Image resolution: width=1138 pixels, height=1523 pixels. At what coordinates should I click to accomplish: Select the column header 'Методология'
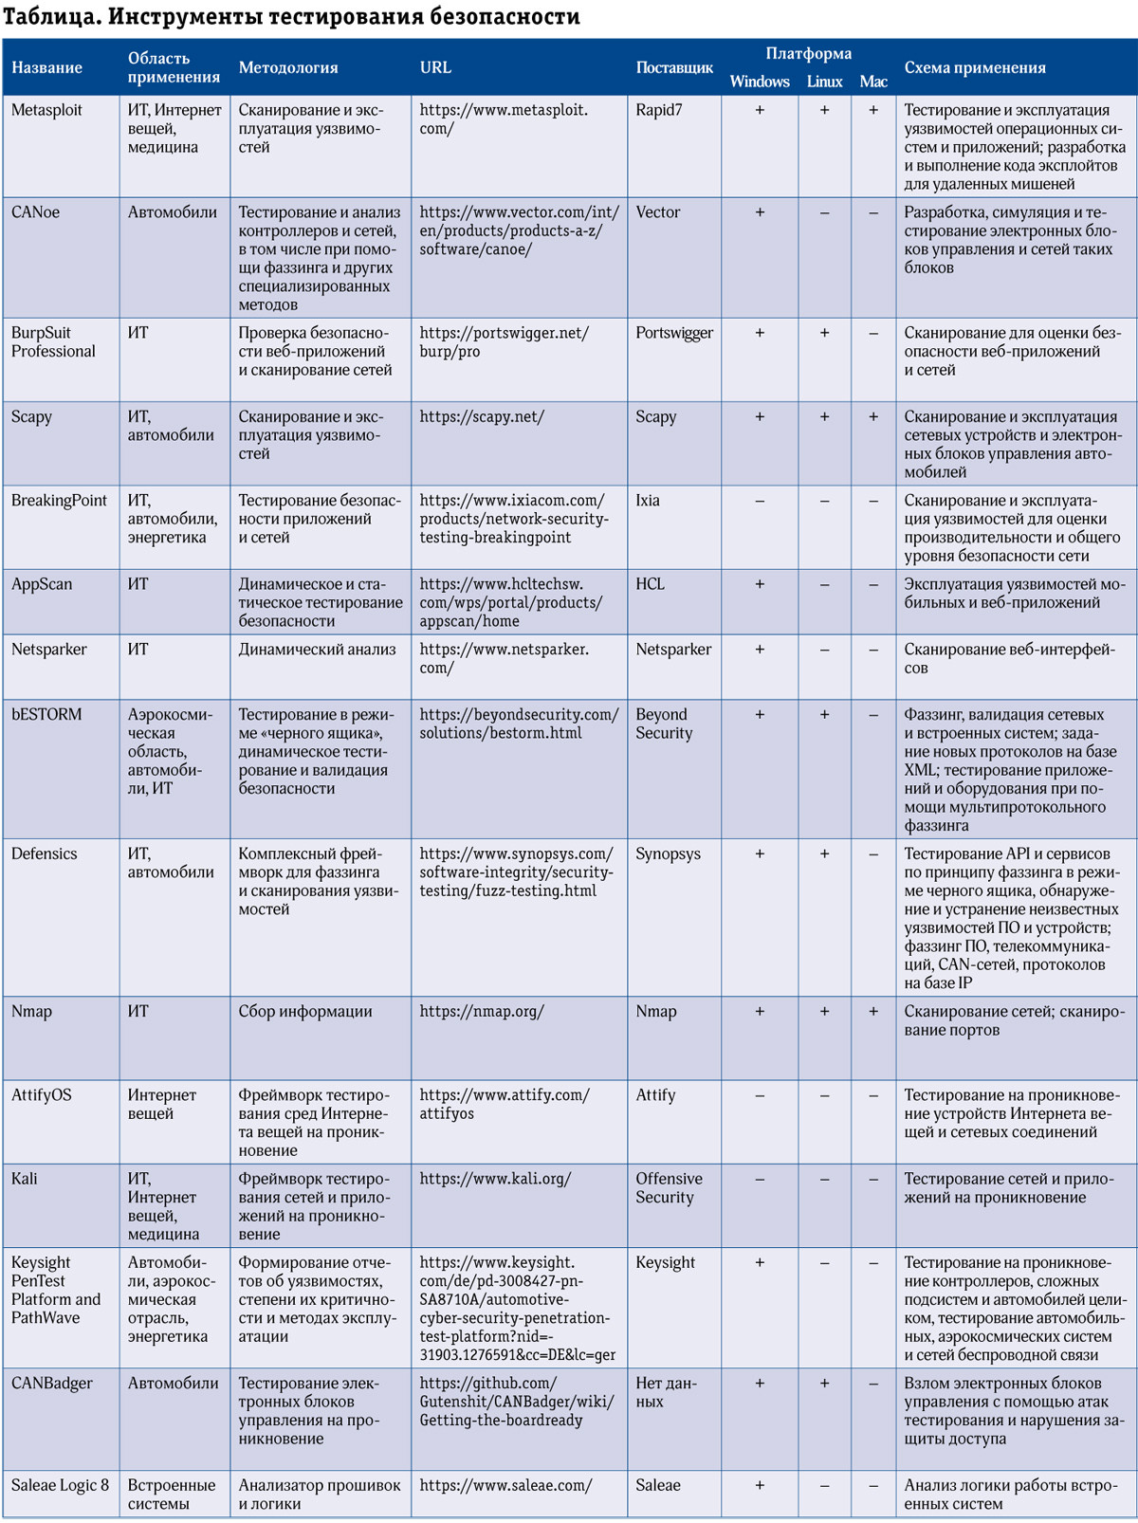coord(288,68)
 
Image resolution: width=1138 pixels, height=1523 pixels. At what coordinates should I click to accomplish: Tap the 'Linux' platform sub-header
coord(824,82)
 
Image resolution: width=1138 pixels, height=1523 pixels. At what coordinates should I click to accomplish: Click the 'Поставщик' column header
coord(674,68)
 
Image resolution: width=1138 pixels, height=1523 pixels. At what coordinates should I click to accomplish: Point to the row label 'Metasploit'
coord(46,110)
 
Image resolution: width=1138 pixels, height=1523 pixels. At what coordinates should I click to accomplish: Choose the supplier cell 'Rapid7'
coord(659,110)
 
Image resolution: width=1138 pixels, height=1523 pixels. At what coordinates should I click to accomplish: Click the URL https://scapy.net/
coord(482,417)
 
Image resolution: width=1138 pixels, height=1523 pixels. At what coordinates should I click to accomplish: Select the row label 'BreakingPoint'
coord(59,501)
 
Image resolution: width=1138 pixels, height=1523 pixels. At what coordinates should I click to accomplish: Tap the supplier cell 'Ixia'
coord(648,501)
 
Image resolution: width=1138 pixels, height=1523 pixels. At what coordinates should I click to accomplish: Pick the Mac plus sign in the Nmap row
coord(873,1012)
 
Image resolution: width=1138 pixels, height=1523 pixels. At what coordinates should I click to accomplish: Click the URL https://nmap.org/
coord(482,1012)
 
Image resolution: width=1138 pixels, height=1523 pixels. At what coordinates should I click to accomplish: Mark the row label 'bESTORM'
coord(46,715)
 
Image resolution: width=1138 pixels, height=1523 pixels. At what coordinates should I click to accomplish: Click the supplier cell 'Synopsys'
coord(668,854)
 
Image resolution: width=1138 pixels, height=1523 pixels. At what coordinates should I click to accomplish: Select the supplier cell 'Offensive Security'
coord(669,1188)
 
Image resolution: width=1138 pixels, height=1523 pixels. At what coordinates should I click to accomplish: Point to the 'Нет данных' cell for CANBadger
coord(666,1392)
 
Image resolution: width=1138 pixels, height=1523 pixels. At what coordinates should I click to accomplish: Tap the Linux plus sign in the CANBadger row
coord(824,1384)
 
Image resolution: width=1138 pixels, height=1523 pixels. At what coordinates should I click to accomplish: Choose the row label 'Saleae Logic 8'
coord(60,1486)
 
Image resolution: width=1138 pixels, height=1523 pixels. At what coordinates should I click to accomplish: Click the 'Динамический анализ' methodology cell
coord(317,650)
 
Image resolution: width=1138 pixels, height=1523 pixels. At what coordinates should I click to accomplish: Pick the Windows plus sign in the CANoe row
coord(760,213)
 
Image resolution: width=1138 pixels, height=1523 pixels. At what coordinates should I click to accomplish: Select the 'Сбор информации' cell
coord(304,1012)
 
